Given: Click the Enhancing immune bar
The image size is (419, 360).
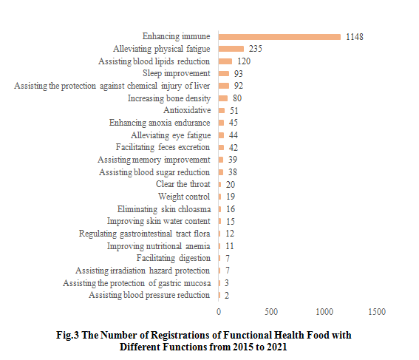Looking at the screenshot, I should [279, 36].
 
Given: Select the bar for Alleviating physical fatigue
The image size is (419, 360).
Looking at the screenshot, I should [231, 49].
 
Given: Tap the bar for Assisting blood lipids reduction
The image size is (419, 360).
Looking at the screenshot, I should [225, 61].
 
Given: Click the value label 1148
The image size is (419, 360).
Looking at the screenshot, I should [355, 36].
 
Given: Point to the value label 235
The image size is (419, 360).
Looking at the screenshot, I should [256, 49].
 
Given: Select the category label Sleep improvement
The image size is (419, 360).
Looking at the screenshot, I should [176, 73].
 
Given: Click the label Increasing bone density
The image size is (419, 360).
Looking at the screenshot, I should [168, 98].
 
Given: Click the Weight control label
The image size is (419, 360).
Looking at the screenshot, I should [184, 197].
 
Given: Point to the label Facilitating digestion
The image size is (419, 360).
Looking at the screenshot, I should [174, 258].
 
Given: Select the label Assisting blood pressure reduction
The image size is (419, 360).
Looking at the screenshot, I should [149, 295].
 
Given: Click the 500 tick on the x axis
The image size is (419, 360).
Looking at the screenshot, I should [271, 312].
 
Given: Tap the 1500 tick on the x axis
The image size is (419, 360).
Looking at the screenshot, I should [377, 312].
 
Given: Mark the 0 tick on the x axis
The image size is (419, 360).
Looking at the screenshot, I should [218, 312].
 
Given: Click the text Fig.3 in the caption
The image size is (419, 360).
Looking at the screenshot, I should [70, 336].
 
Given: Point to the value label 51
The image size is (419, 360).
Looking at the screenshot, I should [234, 110].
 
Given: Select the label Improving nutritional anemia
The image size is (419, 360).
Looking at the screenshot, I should [158, 245].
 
